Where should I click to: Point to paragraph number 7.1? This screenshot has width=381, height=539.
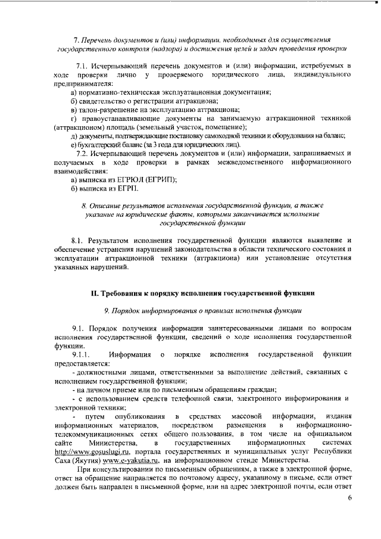pos(84,64)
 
